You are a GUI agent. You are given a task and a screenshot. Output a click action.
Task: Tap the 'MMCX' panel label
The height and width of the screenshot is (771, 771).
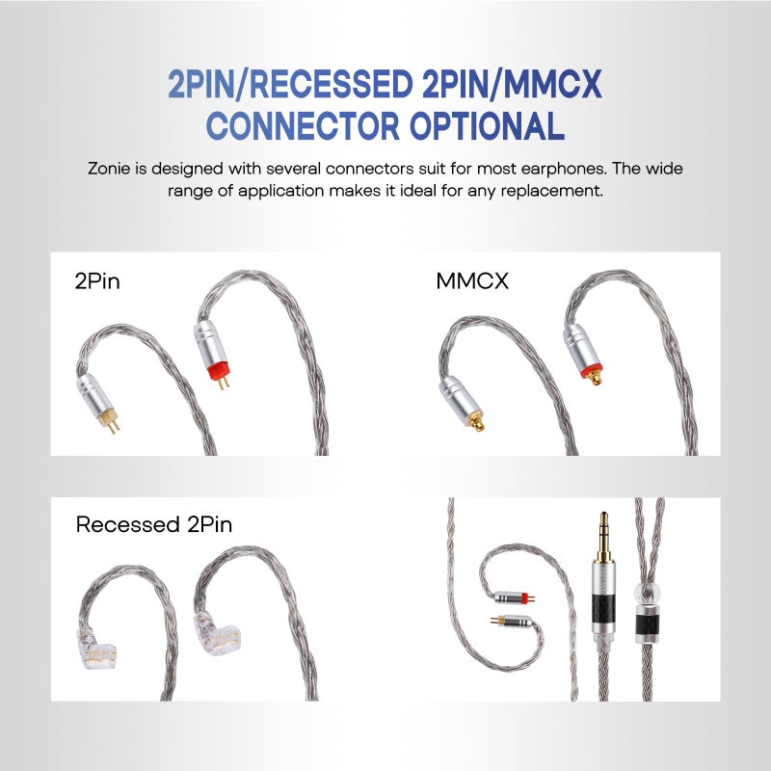point(470,282)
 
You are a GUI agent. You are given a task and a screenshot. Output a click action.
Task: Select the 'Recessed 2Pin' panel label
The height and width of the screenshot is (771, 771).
point(153,525)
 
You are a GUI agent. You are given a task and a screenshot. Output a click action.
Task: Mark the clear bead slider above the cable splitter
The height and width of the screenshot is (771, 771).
point(647,592)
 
